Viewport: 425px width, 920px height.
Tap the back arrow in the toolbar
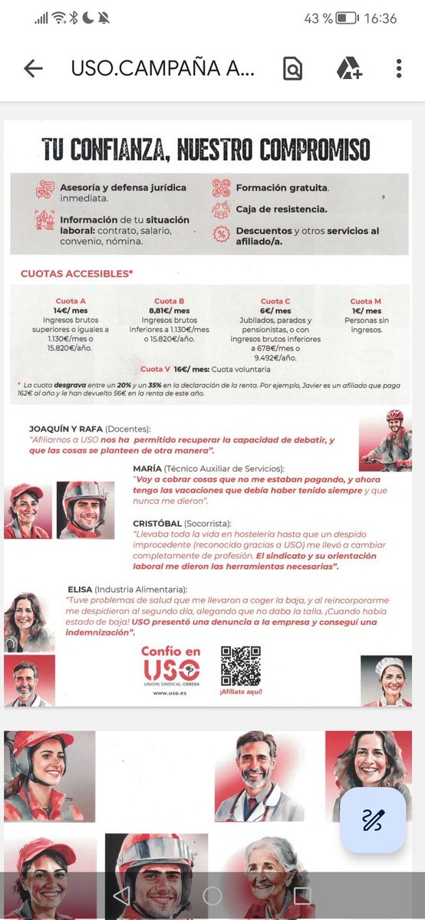click(x=33, y=68)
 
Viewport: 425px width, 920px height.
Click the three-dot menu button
click(x=399, y=68)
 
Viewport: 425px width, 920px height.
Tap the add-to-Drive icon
click(x=349, y=68)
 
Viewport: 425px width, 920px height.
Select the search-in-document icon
click(x=292, y=68)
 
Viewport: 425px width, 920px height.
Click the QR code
click(x=240, y=665)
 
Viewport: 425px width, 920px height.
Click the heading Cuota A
click(x=71, y=301)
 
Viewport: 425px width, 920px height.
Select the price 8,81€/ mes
click(x=170, y=311)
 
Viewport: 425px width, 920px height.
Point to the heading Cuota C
click(x=275, y=301)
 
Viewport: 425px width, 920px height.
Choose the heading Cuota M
click(x=366, y=301)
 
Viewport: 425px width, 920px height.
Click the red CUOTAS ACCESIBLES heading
click(x=77, y=273)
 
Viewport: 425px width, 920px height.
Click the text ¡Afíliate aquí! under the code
click(x=241, y=692)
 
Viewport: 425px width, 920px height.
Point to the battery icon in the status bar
click(x=346, y=18)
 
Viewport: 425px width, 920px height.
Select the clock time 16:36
click(x=381, y=18)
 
